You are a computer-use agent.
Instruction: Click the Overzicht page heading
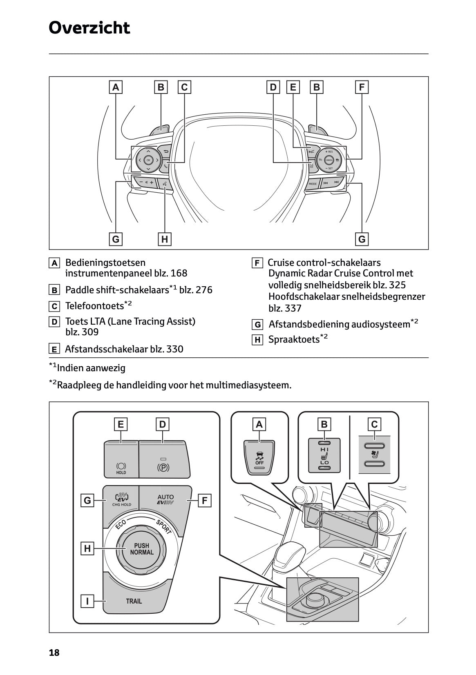[x=89, y=28]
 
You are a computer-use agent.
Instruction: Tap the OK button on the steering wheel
[x=148, y=160]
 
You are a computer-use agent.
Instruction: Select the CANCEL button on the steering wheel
[x=329, y=160]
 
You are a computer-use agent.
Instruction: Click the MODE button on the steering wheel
[x=313, y=184]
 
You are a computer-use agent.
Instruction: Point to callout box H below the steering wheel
[x=164, y=239]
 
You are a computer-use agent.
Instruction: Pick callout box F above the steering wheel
[x=362, y=87]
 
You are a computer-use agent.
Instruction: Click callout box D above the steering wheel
[x=273, y=87]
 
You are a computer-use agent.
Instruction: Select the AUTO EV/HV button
[x=165, y=500]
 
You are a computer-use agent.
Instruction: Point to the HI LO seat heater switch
[x=324, y=455]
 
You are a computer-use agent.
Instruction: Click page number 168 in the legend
[x=179, y=273]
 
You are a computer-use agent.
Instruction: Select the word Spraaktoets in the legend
[x=293, y=339]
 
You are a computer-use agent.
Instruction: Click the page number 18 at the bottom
[x=54, y=653]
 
